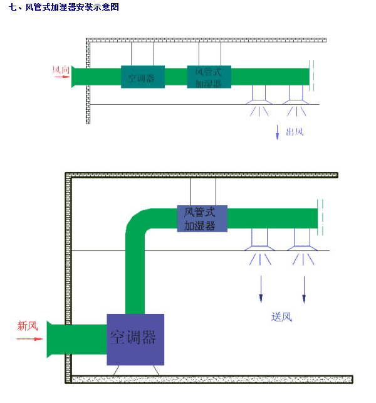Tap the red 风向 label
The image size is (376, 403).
[61, 70]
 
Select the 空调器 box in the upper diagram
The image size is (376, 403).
[142, 77]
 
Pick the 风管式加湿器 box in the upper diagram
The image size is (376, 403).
[209, 77]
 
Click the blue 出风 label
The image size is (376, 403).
[295, 132]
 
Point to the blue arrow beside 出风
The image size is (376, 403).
[277, 132]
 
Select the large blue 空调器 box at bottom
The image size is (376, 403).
[135, 339]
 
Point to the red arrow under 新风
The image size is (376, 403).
[29, 338]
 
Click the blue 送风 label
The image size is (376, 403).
[282, 316]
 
